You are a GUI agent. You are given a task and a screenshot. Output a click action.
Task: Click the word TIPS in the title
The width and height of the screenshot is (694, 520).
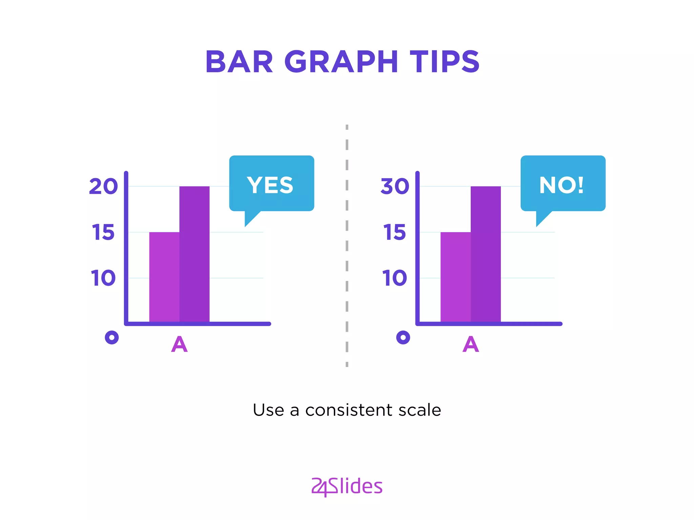click(445, 62)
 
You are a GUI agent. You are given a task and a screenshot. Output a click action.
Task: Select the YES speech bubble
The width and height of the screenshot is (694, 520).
click(271, 184)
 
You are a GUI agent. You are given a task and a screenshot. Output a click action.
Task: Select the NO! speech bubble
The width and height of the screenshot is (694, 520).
click(563, 184)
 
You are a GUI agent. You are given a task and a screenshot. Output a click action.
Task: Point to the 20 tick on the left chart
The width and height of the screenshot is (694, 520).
click(103, 186)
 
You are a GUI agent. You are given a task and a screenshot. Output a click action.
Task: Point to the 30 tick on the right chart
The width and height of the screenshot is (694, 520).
click(395, 186)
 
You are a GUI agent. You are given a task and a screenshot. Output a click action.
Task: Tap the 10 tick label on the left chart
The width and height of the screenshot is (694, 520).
click(103, 278)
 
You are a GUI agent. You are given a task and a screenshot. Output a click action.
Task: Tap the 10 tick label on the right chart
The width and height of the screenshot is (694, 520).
click(395, 278)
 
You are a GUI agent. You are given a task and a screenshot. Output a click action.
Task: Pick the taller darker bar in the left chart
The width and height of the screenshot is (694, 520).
click(195, 254)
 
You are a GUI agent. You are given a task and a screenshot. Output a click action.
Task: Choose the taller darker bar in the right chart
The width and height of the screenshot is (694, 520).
click(486, 254)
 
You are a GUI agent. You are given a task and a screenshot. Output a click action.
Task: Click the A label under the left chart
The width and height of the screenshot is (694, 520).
click(179, 344)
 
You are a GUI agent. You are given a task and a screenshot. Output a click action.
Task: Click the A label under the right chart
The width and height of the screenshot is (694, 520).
click(471, 344)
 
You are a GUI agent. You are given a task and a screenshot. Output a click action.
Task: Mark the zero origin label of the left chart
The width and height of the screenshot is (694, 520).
click(112, 338)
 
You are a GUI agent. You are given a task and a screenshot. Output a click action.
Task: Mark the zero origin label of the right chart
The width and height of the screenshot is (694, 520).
click(403, 338)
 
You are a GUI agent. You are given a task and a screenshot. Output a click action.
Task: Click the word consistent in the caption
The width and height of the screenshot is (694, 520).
click(349, 410)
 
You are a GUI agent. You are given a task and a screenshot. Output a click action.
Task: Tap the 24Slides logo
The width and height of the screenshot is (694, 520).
click(347, 486)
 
